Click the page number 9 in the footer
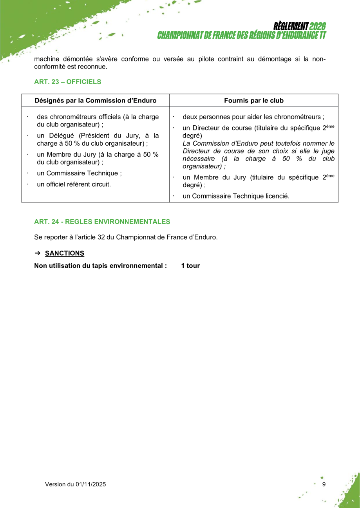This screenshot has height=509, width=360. tap(324, 484)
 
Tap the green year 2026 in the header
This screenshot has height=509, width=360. tap(317, 27)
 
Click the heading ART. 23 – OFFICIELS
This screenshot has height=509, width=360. tap(67, 82)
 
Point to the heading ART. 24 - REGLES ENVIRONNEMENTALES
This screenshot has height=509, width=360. tap(102, 222)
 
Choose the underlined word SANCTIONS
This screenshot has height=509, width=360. tap(65, 253)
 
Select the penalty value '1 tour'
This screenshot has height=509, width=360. tap(190, 266)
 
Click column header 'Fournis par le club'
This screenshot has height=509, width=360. tap(253, 101)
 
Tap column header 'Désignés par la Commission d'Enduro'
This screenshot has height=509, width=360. tap(96, 101)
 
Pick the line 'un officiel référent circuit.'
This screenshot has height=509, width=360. tap(74, 184)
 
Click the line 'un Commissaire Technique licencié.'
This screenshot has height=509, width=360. tap(236, 196)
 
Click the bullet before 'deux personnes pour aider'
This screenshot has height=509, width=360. tap(174, 117)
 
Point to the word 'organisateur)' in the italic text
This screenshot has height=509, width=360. tap(202, 166)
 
